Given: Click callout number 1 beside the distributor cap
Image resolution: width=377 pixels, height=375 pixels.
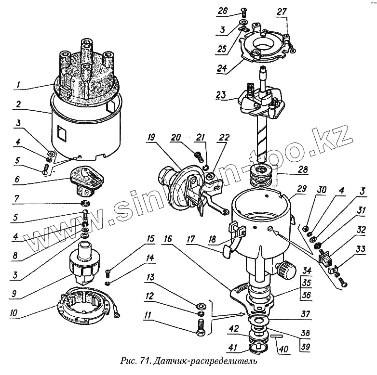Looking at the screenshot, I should [18, 85].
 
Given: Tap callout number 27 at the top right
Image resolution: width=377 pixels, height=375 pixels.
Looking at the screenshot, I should [282, 12].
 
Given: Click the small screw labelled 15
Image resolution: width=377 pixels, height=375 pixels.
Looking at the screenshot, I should [108, 273].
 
